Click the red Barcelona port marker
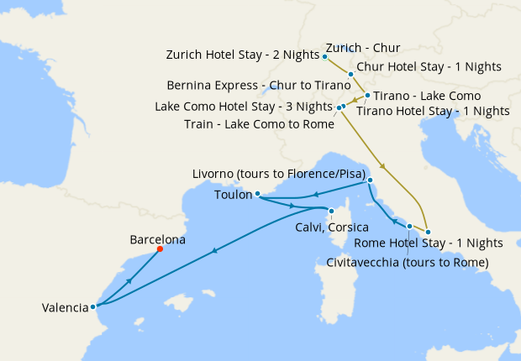click(x=160, y=249)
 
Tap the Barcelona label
click(x=157, y=239)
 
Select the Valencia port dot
click(x=93, y=306)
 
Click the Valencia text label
click(x=65, y=308)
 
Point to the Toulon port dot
click(x=258, y=194)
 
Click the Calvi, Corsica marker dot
click(x=331, y=211)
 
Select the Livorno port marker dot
click(x=370, y=180)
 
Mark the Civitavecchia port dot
click(x=409, y=227)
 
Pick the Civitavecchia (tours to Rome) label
click(x=407, y=262)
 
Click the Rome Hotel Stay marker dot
click(x=428, y=231)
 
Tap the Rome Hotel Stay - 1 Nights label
click(x=429, y=243)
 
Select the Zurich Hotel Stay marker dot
click(x=324, y=56)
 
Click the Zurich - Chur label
click(x=362, y=48)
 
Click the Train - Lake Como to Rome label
click(x=259, y=124)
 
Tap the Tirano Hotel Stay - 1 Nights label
click(x=433, y=111)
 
